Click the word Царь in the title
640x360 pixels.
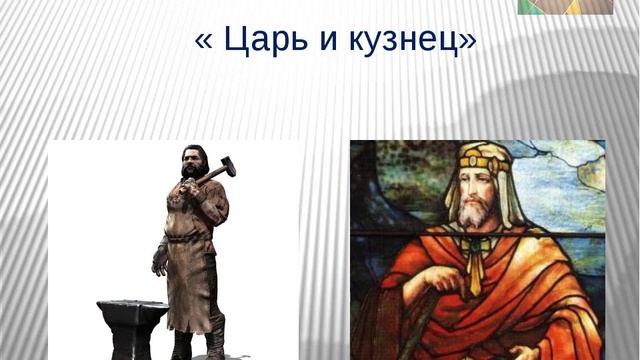click(261, 42)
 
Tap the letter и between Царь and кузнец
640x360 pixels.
click(321, 43)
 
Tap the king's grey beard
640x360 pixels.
click(477, 211)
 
